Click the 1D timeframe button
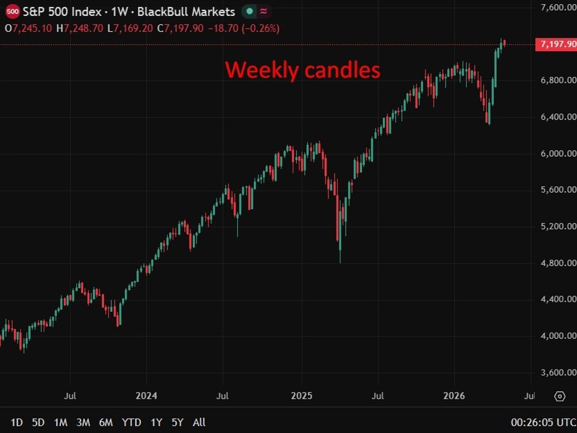[x=17, y=422]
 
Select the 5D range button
[x=38, y=422]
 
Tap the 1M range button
[x=61, y=422]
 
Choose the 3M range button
[x=83, y=422]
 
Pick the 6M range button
[x=106, y=422]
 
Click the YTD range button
[x=131, y=422]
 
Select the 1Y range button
[x=156, y=422]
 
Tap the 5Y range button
[x=178, y=422]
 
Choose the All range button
[x=199, y=422]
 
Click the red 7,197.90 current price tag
[x=556, y=44]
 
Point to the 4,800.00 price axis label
[x=558, y=263]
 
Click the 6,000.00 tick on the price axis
[x=558, y=153]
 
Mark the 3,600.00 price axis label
[x=558, y=373]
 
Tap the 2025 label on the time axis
[x=301, y=396]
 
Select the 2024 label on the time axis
[x=146, y=396]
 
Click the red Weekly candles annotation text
[x=302, y=70]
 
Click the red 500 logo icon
[x=12, y=11]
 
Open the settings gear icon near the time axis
[x=560, y=396]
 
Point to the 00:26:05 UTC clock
[x=543, y=422]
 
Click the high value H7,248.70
[x=79, y=28]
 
